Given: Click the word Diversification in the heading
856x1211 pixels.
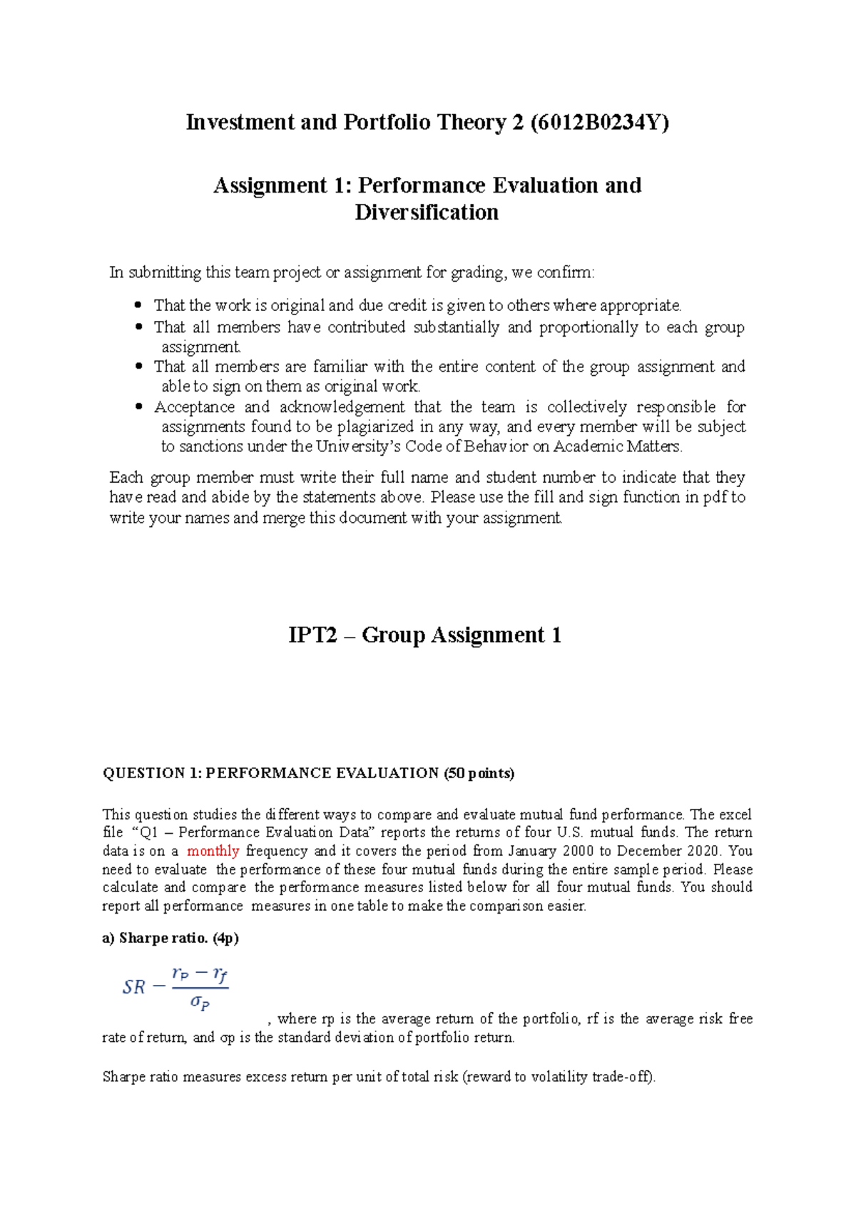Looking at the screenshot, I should coord(427,213).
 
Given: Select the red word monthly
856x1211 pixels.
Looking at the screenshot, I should coord(213,851).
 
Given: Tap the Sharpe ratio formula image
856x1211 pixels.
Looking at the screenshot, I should coord(175,988).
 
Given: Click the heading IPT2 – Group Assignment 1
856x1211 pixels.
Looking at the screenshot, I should coord(424,635).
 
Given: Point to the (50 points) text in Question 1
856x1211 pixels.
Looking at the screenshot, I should coord(479,773).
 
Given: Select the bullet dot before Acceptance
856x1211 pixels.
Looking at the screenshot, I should coord(139,407).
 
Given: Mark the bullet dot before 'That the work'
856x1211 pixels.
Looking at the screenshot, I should coord(139,306).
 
